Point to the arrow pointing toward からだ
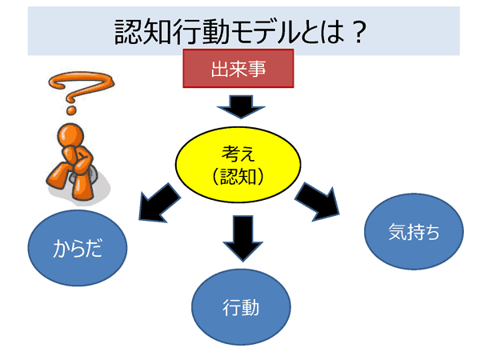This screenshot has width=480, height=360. pos(161,203)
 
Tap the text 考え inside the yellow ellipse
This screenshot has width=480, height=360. pos(238,151)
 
